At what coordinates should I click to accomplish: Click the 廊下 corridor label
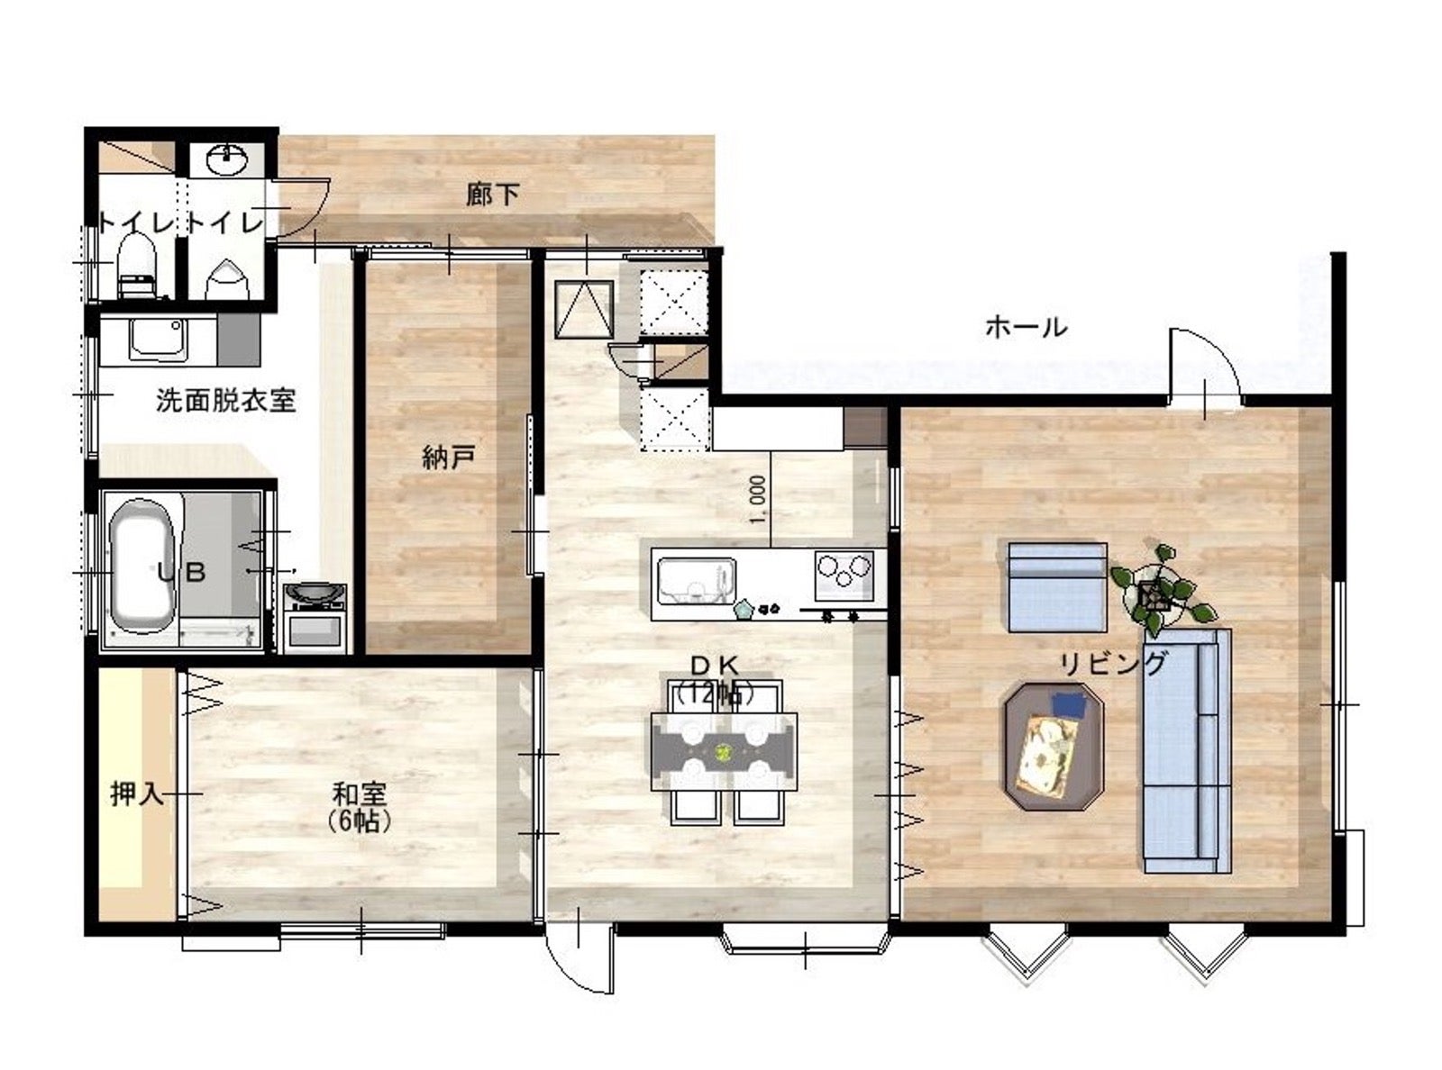pos(492,195)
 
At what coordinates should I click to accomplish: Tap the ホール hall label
pos(1026,328)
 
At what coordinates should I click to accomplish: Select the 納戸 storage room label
pos(449,458)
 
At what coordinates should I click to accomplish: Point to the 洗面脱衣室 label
pos(225,401)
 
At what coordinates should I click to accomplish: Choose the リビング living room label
pos(1113,665)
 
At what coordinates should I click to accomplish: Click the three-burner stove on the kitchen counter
pos(844,576)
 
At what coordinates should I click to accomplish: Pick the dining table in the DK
pos(724,752)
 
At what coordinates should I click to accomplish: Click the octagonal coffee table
pos(1054,747)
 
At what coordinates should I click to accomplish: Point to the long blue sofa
pos(1187,750)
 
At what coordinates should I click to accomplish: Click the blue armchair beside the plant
pos(1057,587)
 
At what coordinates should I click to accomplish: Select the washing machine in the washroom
pos(315,618)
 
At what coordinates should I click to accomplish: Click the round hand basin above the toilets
pos(226,159)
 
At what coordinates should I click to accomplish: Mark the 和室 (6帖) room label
pos(360,808)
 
